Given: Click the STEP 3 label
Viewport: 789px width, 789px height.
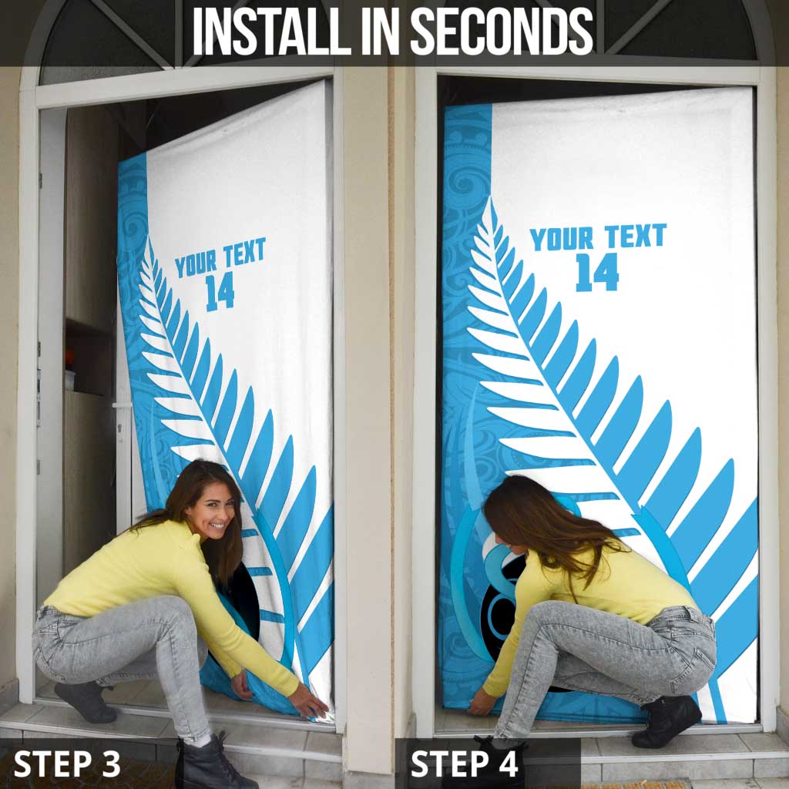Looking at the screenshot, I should click(68, 764).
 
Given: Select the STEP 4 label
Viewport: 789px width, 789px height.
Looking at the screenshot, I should click(464, 764).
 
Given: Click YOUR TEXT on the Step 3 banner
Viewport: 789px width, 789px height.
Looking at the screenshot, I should click(220, 258).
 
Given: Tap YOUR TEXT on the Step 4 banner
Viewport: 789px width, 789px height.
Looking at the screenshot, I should click(597, 237).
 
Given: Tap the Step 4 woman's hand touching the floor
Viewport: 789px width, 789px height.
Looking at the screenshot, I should click(482, 702).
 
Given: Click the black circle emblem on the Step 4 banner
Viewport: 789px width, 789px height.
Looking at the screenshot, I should click(505, 609).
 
